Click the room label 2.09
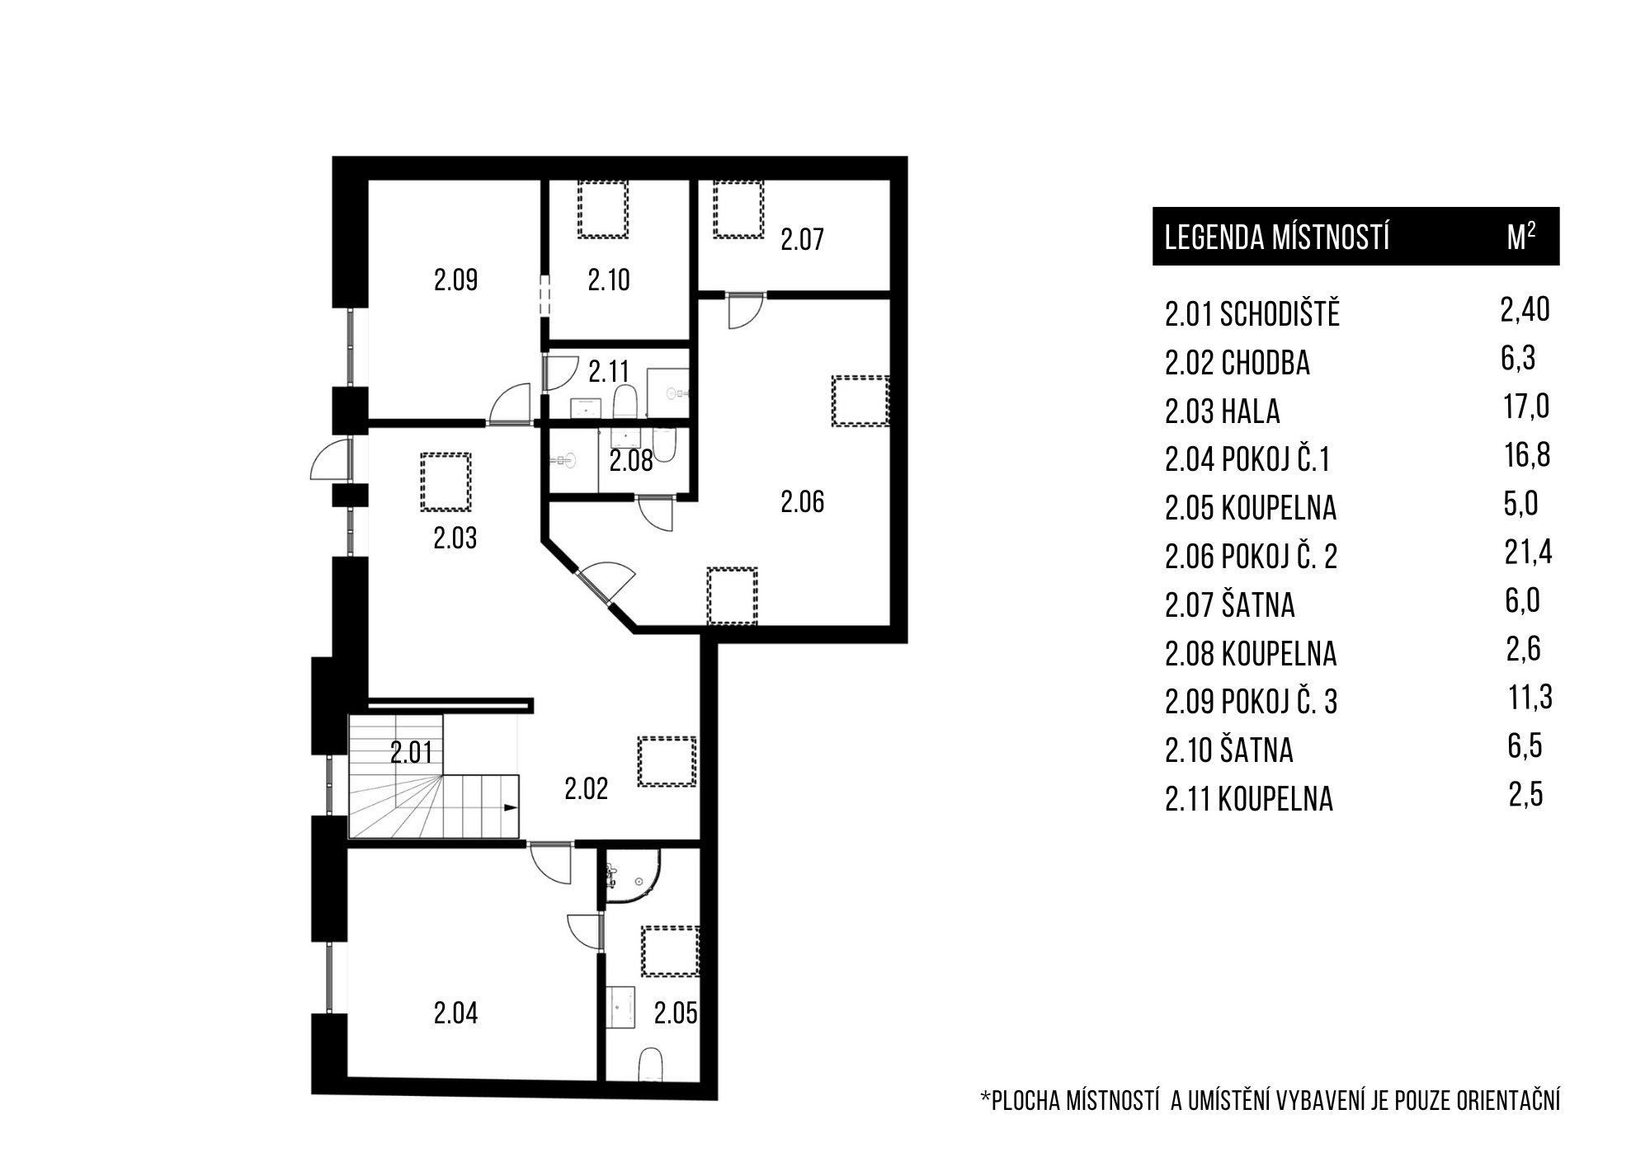click(x=455, y=280)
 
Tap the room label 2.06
click(x=802, y=501)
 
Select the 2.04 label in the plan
click(x=455, y=1013)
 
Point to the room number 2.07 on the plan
click(x=802, y=239)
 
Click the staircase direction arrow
click(x=511, y=808)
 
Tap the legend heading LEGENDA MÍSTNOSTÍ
click(x=1277, y=237)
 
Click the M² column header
click(x=1521, y=236)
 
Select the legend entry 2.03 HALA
click(x=1222, y=411)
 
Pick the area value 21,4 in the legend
click(x=1528, y=552)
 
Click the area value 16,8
click(x=1527, y=454)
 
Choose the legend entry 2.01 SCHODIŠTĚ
click(x=1252, y=313)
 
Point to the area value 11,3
click(x=1530, y=697)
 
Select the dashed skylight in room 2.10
click(x=603, y=209)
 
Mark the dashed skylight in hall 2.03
click(x=445, y=482)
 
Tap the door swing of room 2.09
click(x=510, y=404)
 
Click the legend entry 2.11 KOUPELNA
click(x=1248, y=798)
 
